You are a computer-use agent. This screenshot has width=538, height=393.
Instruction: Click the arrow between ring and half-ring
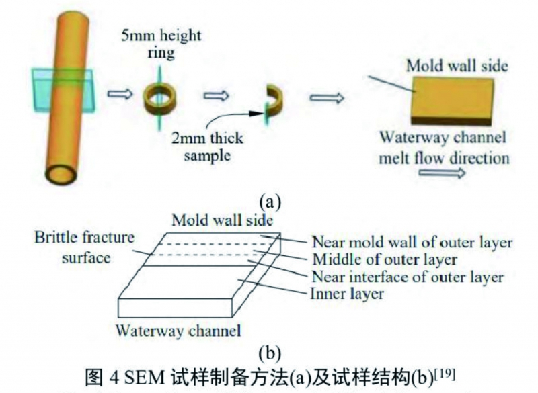pyautogui.click(x=216, y=96)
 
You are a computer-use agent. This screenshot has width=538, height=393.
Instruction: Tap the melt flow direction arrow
pyautogui.click(x=441, y=175)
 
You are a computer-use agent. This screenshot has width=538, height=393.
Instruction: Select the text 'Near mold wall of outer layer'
pyautogui.click(x=413, y=243)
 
